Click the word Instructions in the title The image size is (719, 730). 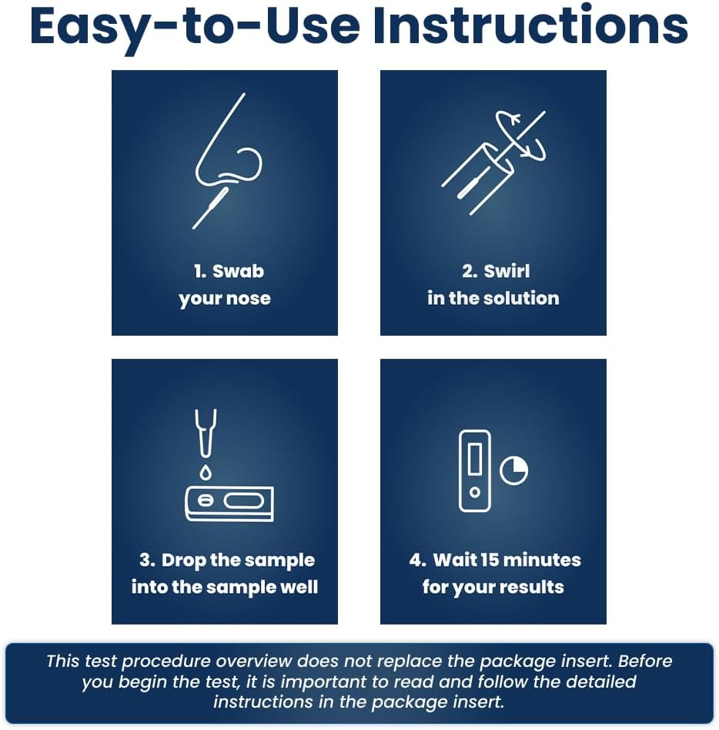[530, 26]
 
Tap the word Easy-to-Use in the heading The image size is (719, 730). [195, 28]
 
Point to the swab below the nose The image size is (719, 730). [211, 208]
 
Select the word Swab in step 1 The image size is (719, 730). [238, 271]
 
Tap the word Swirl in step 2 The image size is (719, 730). [507, 271]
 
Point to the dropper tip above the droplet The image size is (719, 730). [206, 433]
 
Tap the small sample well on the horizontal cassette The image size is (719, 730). [206, 501]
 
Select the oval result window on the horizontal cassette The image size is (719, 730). [244, 501]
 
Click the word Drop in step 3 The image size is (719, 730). [183, 561]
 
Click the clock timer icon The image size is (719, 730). [513, 470]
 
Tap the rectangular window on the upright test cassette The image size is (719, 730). [475, 459]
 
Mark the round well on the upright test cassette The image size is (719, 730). [475, 492]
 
